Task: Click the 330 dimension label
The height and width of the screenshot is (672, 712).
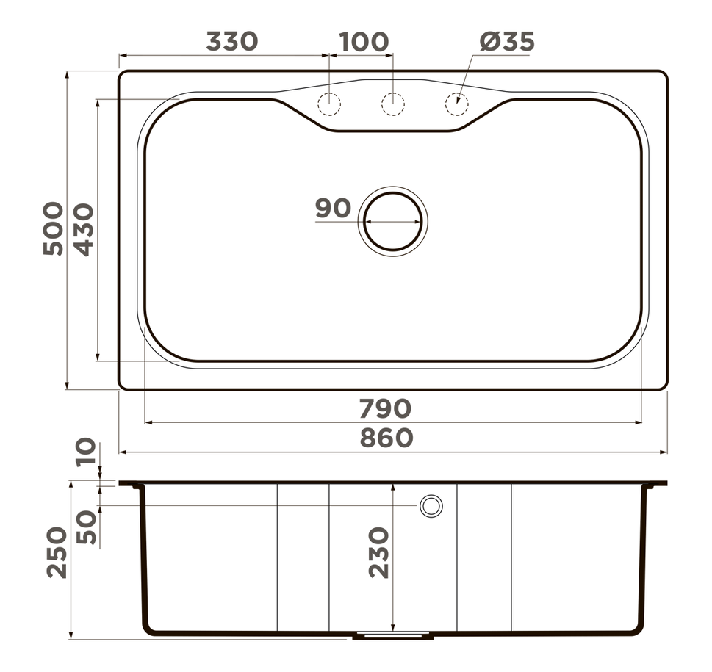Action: (x=232, y=41)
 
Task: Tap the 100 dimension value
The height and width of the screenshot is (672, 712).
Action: (x=364, y=42)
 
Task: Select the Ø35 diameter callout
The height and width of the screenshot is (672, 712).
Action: (x=507, y=42)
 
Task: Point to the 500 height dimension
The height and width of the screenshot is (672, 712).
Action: (x=53, y=228)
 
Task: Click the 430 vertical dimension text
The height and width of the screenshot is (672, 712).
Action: (x=84, y=230)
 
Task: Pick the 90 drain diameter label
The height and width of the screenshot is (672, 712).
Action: (x=334, y=209)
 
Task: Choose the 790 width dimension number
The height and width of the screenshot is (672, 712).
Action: (x=385, y=408)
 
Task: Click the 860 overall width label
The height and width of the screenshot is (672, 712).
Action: (x=386, y=438)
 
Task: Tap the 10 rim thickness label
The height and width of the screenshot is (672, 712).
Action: (x=86, y=452)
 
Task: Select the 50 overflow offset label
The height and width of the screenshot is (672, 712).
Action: (x=87, y=527)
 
